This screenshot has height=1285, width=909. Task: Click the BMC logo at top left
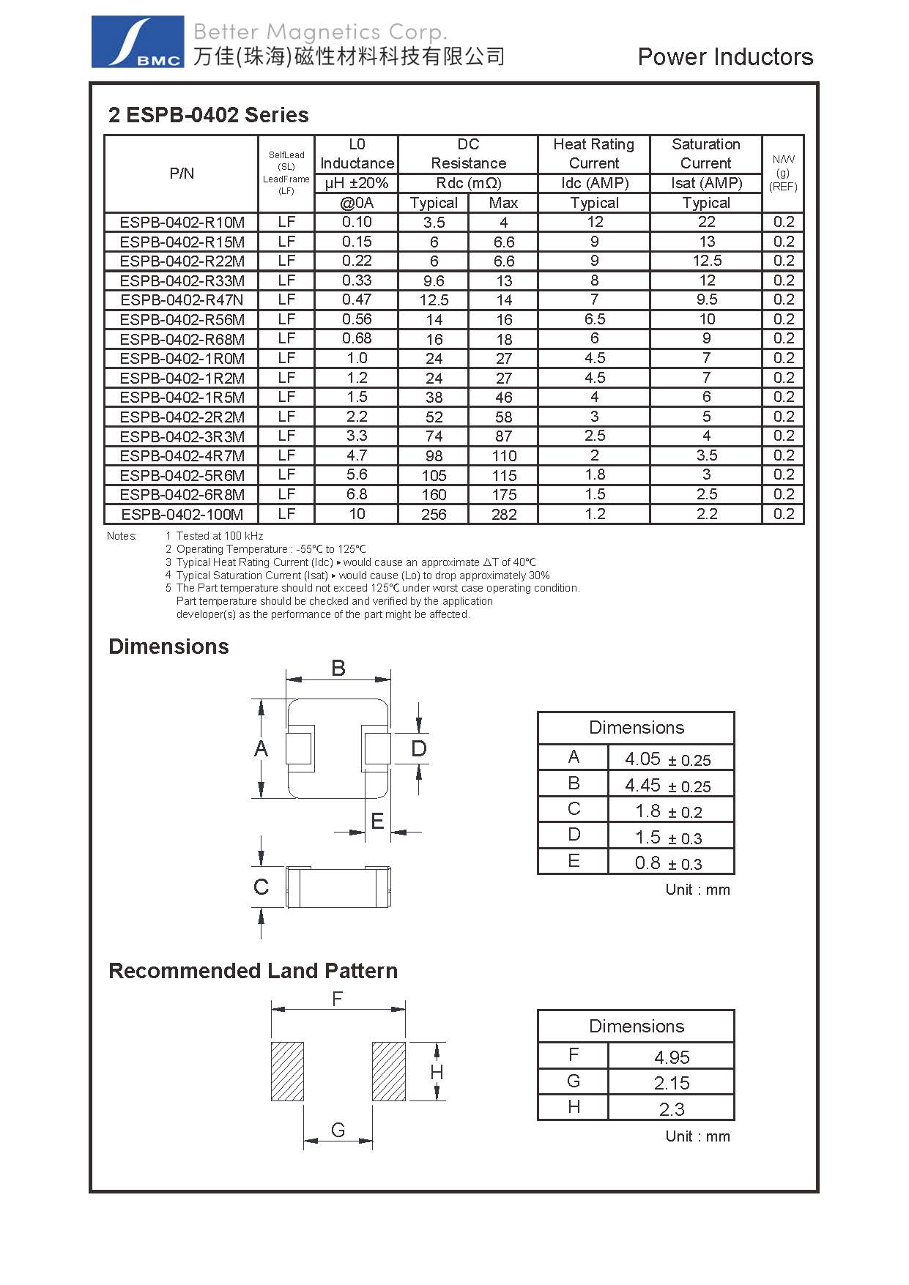coord(138,42)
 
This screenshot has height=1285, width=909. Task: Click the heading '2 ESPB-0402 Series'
coord(208,115)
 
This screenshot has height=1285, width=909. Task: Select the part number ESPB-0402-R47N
coord(182,300)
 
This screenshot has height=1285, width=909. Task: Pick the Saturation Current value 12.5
coord(706,261)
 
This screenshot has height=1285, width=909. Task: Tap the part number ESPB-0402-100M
coord(182,514)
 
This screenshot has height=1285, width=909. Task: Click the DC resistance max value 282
coord(504,514)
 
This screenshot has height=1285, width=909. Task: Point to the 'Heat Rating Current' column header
coord(593,154)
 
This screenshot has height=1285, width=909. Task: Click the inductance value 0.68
coord(357,338)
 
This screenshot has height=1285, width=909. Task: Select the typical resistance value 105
coord(434,475)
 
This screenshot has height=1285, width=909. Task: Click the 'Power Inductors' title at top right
coord(725,57)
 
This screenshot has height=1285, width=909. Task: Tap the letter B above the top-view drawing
coord(338,668)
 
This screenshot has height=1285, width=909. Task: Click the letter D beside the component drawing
coord(418,748)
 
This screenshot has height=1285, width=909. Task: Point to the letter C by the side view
coord(261,887)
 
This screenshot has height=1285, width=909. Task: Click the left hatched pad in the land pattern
coord(287,1070)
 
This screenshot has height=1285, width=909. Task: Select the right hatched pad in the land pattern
coord(388,1070)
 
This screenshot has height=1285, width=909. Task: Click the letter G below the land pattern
coord(338,1130)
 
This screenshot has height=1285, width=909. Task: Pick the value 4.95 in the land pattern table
coord(672,1057)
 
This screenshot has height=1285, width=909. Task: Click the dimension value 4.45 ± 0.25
coord(667,786)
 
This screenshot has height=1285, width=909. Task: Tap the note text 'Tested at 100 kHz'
coord(220,536)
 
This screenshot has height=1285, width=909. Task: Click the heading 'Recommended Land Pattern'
coord(253,971)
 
